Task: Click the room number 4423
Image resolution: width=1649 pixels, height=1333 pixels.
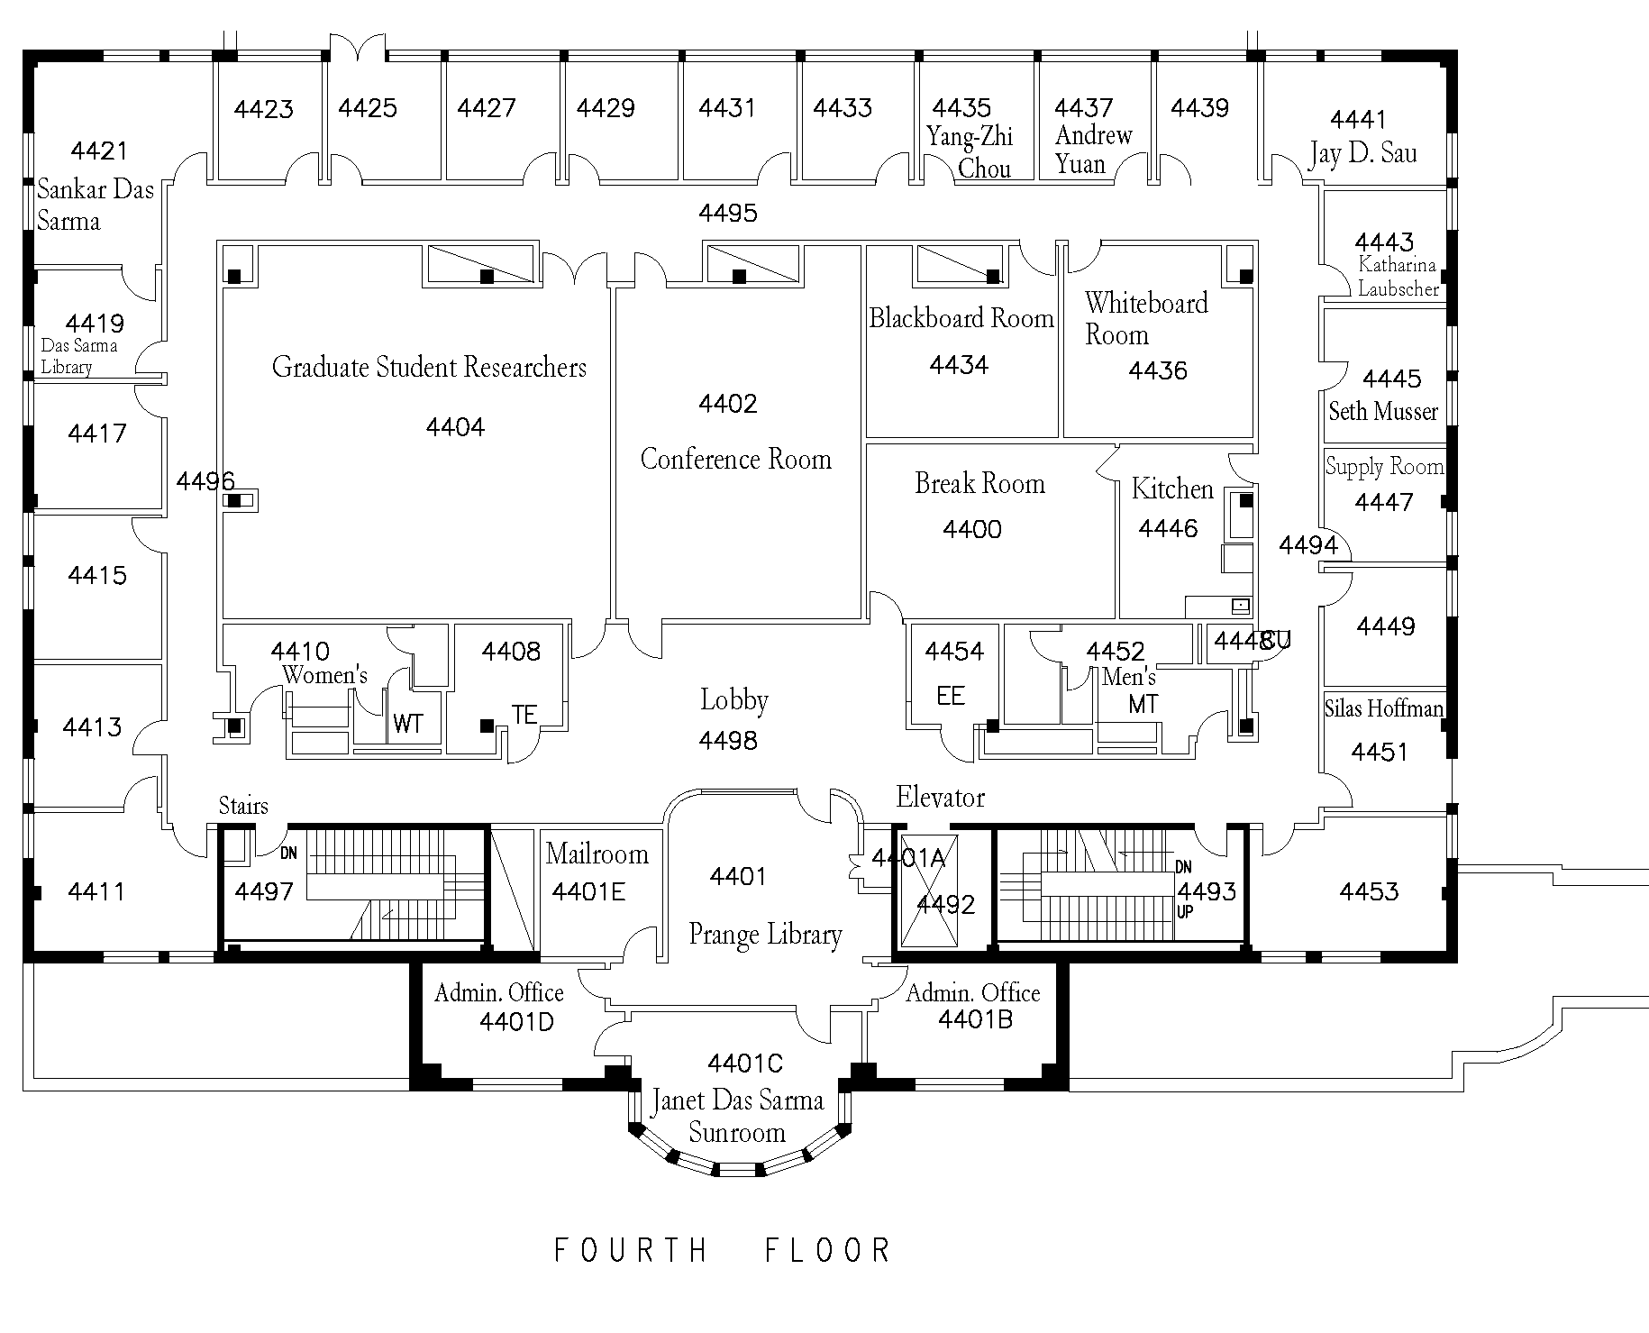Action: tap(263, 109)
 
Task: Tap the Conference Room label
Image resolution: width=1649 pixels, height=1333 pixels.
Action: tap(735, 460)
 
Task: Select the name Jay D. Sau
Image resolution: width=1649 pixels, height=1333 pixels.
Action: tap(1362, 154)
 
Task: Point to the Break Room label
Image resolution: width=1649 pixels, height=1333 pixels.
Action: tap(979, 484)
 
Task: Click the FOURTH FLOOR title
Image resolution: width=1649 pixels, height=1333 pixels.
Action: tap(722, 1250)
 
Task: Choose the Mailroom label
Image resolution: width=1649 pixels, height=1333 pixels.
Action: tap(597, 854)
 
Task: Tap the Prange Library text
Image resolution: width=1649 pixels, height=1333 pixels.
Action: tap(765, 935)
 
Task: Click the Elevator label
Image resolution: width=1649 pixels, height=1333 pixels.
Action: tap(940, 797)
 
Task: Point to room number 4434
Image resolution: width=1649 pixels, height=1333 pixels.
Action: tap(959, 365)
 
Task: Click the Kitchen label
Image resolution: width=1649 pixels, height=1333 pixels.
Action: tap(1172, 489)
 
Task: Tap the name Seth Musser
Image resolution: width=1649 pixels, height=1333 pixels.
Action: tap(1382, 412)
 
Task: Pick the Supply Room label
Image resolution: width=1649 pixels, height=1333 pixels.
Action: tap(1384, 467)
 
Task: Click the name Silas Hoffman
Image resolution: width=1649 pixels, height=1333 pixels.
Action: tap(1383, 708)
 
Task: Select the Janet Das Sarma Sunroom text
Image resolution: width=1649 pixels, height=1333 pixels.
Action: tap(737, 1116)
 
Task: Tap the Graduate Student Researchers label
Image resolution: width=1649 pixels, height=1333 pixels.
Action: tap(429, 367)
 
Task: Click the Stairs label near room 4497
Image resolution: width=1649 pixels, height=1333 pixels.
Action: tap(243, 805)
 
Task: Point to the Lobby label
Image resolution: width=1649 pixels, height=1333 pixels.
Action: tap(733, 700)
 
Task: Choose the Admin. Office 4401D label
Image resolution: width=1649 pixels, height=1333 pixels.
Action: tap(499, 1006)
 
